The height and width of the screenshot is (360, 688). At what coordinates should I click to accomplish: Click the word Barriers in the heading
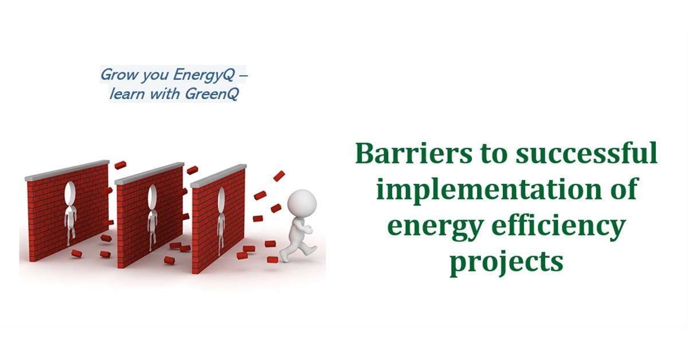413,153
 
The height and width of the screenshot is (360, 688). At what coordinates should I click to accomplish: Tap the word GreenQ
212,93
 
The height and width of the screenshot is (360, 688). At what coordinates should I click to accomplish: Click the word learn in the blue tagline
127,93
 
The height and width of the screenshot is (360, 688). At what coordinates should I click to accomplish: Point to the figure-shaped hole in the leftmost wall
71,213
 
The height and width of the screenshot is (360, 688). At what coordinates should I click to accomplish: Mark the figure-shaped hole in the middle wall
152,216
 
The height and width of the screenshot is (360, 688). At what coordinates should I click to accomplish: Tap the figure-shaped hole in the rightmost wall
221,221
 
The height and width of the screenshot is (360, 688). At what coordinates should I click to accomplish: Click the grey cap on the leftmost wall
67,170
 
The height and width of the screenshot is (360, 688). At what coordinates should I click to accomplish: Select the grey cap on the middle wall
149,174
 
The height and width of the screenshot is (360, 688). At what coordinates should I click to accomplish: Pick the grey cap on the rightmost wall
218,175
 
